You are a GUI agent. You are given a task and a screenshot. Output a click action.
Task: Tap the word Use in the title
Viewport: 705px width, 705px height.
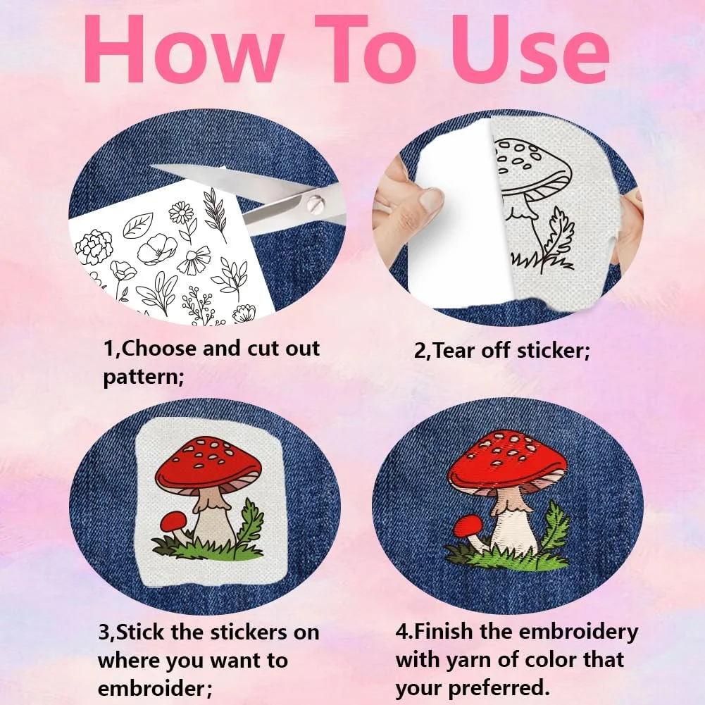pos(530,49)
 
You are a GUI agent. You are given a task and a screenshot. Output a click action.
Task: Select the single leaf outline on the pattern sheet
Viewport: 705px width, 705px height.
pos(138,225)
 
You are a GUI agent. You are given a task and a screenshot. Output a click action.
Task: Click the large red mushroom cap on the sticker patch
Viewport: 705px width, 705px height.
pos(208,464)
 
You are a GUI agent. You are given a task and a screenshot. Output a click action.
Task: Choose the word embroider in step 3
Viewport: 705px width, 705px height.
pos(151,688)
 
